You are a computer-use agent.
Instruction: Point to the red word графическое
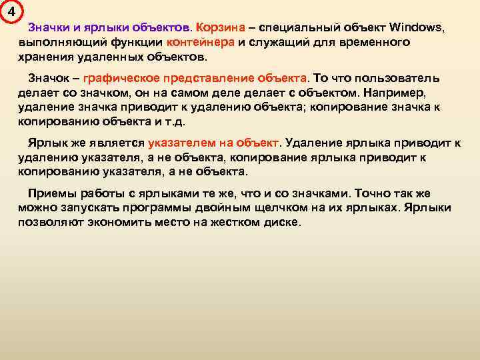120,78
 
